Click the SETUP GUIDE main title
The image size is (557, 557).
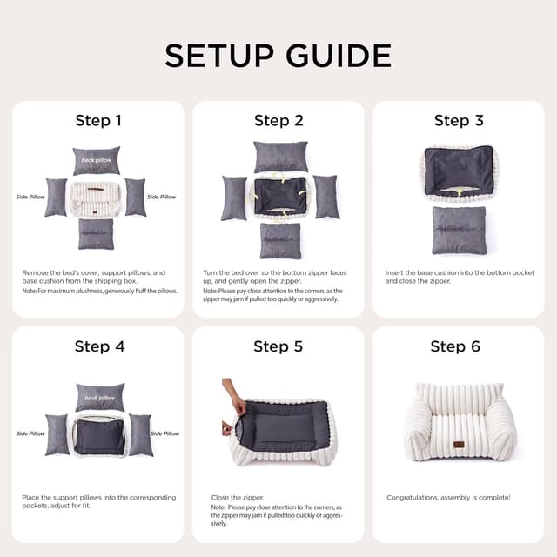pyautogui.click(x=278, y=55)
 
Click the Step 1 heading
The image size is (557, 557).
pyautogui.click(x=98, y=121)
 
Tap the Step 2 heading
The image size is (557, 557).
pyautogui.click(x=278, y=121)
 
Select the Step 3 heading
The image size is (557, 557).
pyautogui.click(x=459, y=121)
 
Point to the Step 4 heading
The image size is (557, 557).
pyautogui.click(x=99, y=346)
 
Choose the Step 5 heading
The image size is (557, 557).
pyautogui.click(x=278, y=346)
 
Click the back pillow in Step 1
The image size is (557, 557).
pyautogui.click(x=96, y=160)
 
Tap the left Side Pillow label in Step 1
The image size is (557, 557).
pyautogui.click(x=30, y=197)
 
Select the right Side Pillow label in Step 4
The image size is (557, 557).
pyautogui.click(x=164, y=433)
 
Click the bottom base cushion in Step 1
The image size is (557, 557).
pyautogui.click(x=96, y=233)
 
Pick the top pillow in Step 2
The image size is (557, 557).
pyautogui.click(x=280, y=157)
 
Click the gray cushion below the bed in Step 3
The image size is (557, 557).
pyautogui.click(x=459, y=230)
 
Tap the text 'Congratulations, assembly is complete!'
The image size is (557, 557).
pyautogui.click(x=448, y=498)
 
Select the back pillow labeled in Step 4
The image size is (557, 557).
pyautogui.click(x=99, y=397)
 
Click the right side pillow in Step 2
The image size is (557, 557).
pyautogui.click(x=325, y=197)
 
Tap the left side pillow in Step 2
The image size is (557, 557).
pyautogui.click(x=234, y=198)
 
